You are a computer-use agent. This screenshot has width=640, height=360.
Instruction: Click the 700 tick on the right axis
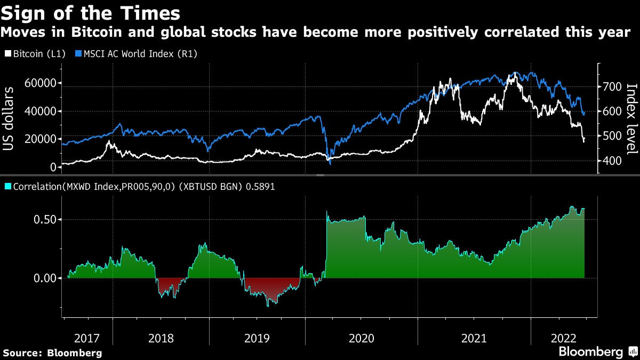coord(611,87)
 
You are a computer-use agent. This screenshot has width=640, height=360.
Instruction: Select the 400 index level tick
coord(611,161)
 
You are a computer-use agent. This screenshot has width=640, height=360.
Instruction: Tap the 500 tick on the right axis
coord(611,137)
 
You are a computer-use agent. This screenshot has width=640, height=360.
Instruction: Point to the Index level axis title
coord(631,117)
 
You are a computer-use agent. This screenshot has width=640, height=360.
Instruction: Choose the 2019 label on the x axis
coord(257,338)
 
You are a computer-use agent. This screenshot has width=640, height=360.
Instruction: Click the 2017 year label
coord(87,338)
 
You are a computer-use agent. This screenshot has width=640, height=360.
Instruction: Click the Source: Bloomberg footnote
coord(52,353)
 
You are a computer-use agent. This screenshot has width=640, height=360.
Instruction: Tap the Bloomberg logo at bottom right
coord(597,352)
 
